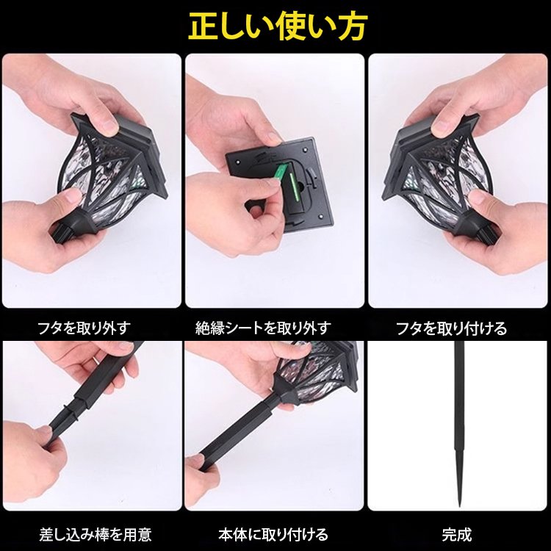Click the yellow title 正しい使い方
[x=278, y=26]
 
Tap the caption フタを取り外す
[x=84, y=328]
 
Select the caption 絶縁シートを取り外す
[x=264, y=328]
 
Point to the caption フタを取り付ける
[x=452, y=328]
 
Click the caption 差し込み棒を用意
[x=96, y=535]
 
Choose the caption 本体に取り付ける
[x=273, y=535]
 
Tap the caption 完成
[x=457, y=535]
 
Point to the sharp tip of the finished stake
[x=459, y=505]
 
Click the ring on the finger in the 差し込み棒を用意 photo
[x=96, y=359]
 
